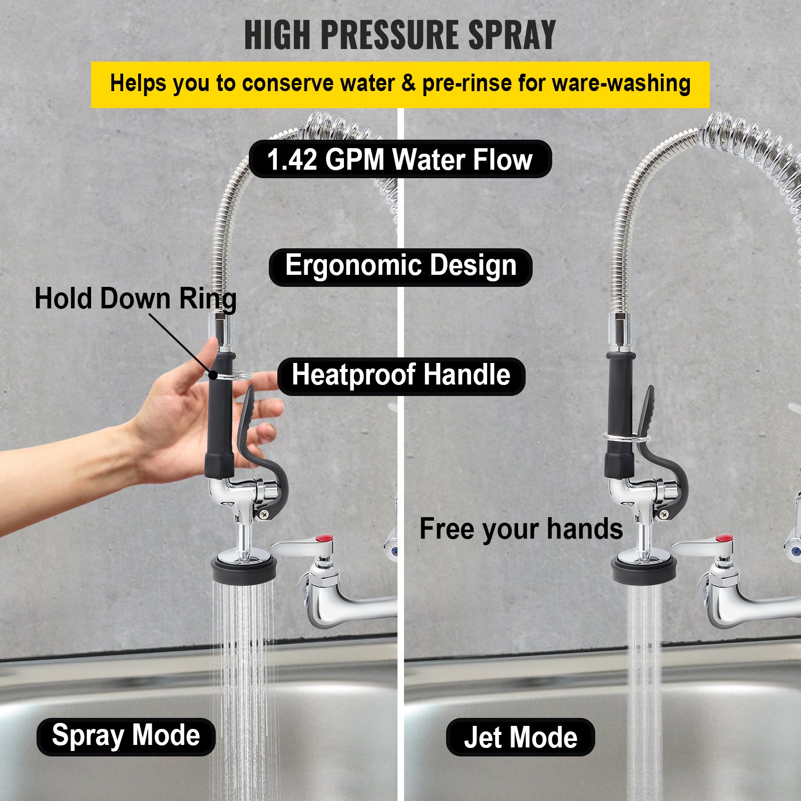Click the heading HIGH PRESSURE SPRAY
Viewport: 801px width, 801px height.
coord(400,35)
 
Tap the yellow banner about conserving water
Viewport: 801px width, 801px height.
coord(400,85)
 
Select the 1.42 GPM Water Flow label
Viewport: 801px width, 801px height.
coord(400,159)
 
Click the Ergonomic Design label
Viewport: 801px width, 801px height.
coord(400,267)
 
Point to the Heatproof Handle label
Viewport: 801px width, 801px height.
coord(401,376)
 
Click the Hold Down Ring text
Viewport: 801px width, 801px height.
coord(135,299)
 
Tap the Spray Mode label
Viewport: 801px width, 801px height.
coord(126,736)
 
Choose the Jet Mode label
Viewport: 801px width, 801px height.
coord(520,737)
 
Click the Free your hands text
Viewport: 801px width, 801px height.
coord(521,530)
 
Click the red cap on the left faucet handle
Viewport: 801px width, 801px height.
coord(325,539)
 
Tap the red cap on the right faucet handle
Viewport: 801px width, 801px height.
coord(724,539)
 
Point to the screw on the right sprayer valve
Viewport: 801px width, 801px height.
coord(664,514)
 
